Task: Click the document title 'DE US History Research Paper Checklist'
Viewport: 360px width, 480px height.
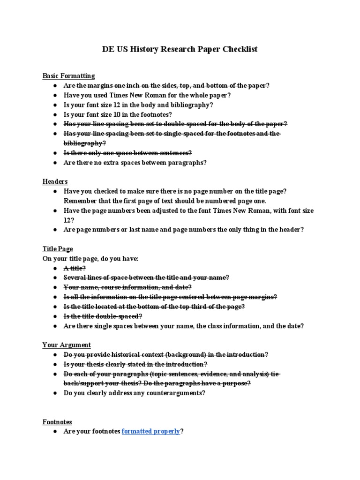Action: pyautogui.click(x=180, y=49)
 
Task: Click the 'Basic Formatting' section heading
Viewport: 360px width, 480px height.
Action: pyautogui.click(x=68, y=75)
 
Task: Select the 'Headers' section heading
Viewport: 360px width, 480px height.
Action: pyautogui.click(x=55, y=181)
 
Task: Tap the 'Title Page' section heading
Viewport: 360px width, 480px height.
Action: pyautogui.click(x=58, y=249)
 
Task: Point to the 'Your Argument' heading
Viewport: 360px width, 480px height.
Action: pyautogui.click(x=67, y=345)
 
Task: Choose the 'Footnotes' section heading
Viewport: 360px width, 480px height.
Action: pyautogui.click(x=57, y=422)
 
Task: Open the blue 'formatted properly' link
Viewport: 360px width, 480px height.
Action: pyautogui.click(x=151, y=432)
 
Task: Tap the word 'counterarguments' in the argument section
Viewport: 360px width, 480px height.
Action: pyautogui.click(x=178, y=393)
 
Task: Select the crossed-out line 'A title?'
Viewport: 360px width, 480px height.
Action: pyautogui.click(x=75, y=268)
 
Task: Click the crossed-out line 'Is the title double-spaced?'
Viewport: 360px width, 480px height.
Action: pyautogui.click(x=103, y=316)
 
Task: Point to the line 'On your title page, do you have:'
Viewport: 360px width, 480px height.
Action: pyautogui.click(x=90, y=259)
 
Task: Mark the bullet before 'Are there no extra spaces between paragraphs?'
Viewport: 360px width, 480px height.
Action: pyautogui.click(x=55, y=163)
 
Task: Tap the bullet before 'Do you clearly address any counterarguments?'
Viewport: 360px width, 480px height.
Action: pyautogui.click(x=55, y=393)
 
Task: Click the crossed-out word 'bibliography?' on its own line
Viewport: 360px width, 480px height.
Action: pyautogui.click(x=85, y=143)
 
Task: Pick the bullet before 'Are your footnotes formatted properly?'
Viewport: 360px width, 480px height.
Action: pyautogui.click(x=55, y=432)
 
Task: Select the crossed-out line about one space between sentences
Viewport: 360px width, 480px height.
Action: pyautogui.click(x=128, y=153)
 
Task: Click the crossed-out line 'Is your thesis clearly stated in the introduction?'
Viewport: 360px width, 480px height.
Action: pyautogui.click(x=135, y=364)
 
